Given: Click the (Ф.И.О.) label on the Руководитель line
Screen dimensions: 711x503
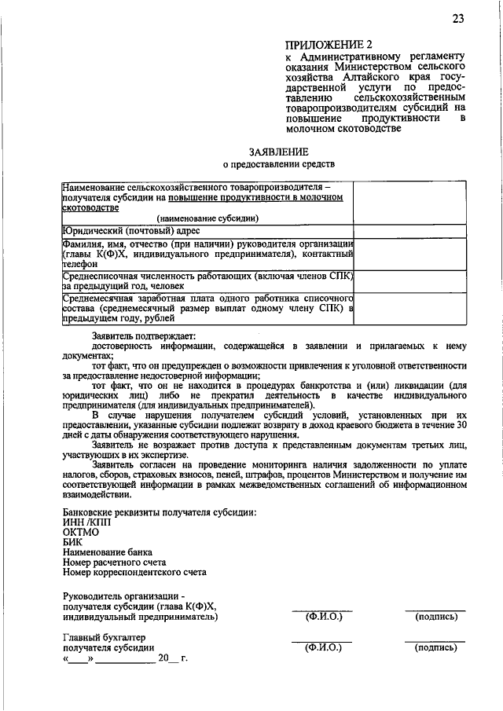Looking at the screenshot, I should (x=322, y=617).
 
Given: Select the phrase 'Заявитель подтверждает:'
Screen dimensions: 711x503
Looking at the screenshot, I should (x=137, y=335).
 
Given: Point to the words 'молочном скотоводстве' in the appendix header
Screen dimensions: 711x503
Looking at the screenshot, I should (x=338, y=129).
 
